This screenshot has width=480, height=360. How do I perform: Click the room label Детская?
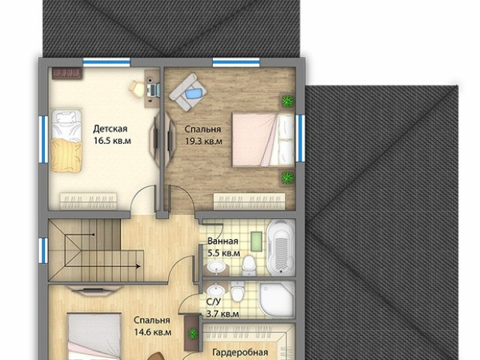(110, 128)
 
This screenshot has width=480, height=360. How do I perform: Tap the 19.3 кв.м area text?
(203, 142)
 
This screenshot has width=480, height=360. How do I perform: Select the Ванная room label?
(223, 241)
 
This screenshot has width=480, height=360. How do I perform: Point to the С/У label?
(213, 301)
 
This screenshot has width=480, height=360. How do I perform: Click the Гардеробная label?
(240, 352)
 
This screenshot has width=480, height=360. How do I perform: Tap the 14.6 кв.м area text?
(153, 332)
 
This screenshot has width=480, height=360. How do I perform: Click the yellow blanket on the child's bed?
(66, 155)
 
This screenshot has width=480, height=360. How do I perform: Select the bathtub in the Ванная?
(281, 247)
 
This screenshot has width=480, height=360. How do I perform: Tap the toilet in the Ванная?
(248, 265)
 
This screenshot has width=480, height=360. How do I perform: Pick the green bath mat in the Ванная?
(256, 241)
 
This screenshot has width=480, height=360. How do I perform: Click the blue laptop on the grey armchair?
(193, 93)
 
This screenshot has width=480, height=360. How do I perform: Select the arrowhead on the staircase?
(138, 266)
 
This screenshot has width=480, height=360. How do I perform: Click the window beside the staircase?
(43, 250)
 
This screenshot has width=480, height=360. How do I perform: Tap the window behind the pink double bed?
(300, 138)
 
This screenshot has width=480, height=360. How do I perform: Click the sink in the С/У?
(215, 289)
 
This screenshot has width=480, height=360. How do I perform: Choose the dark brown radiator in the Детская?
(67, 73)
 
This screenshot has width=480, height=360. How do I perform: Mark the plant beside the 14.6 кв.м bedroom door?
(193, 333)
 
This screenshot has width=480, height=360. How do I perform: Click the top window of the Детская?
(106, 62)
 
